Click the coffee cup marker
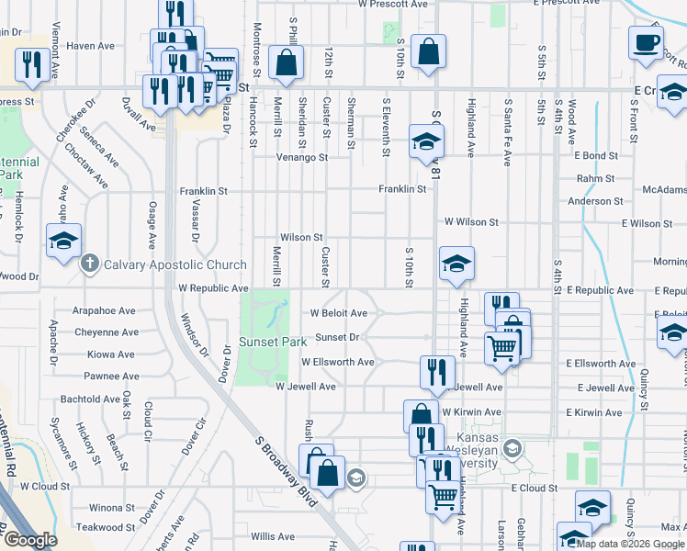click(646, 42)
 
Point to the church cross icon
click(89, 264)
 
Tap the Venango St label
click(303, 157)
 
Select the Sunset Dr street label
click(336, 337)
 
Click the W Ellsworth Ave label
click(337, 362)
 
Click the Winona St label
click(111, 507)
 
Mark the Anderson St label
click(595, 201)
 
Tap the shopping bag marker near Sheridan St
click(287, 62)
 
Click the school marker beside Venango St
click(425, 142)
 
